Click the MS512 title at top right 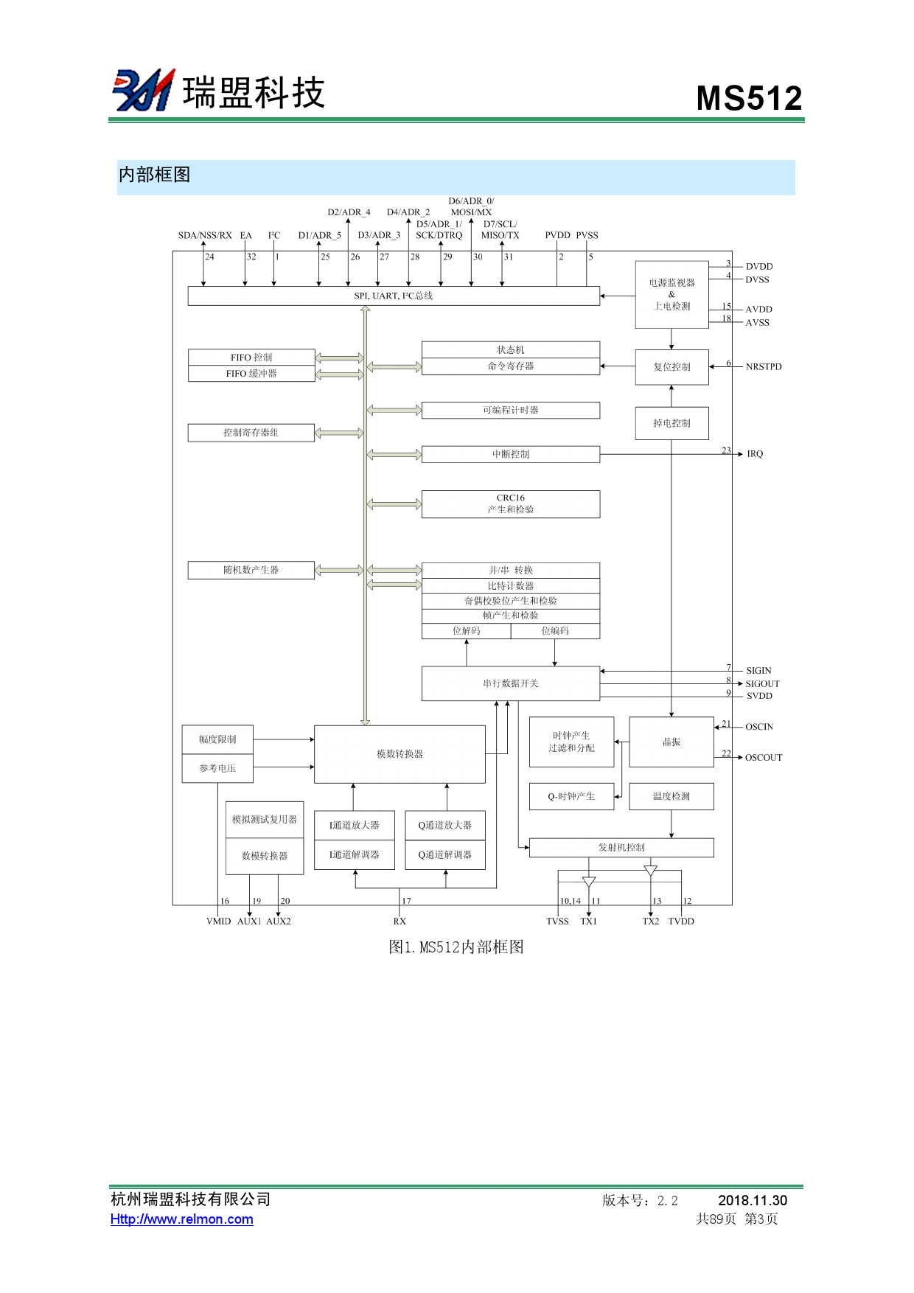(749, 98)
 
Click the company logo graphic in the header (144, 90)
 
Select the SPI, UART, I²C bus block (394, 296)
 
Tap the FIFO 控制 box (251, 358)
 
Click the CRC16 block (510, 504)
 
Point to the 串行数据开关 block (510, 683)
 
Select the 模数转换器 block (400, 754)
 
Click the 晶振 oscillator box (671, 742)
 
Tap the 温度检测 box (671, 796)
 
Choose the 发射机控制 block (621, 848)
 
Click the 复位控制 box (671, 367)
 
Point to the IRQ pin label (755, 454)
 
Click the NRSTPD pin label (764, 367)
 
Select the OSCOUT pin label (764, 758)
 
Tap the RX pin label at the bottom (400, 921)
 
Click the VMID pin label (218, 921)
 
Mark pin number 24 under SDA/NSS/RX (210, 257)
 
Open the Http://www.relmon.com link (182, 1219)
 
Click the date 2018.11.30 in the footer (753, 1201)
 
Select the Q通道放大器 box (444, 826)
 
